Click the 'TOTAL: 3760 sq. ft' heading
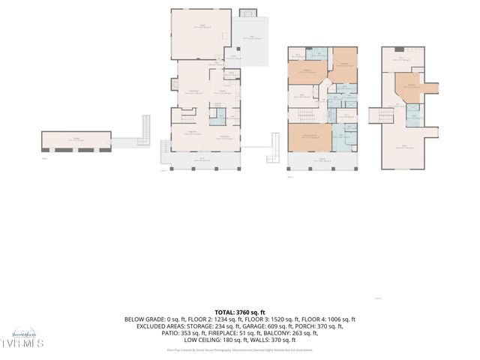240,312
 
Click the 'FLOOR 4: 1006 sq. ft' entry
331,319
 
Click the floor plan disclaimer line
240,349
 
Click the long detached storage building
76,140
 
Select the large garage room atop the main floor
201,33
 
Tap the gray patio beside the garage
250,41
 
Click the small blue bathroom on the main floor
219,115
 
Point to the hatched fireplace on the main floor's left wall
175,84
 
